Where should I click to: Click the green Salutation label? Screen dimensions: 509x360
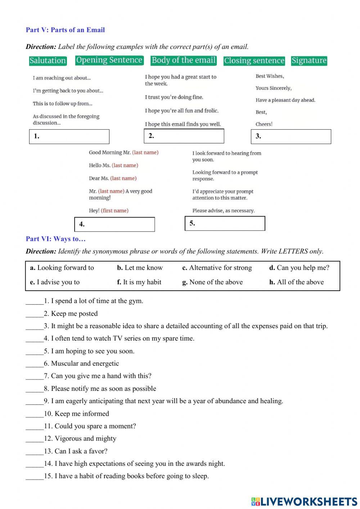[48, 61]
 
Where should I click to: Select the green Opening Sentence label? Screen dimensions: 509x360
[109, 60]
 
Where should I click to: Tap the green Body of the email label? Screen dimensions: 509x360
[184, 60]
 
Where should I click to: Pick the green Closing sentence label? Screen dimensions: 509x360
[254, 61]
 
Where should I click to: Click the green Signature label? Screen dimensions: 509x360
[309, 61]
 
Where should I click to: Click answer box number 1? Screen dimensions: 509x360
[69, 137]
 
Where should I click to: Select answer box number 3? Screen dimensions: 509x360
[291, 137]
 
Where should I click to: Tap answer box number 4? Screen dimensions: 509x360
[114, 224]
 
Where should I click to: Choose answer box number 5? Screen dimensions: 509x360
[225, 223]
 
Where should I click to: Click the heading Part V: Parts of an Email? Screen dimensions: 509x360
[65, 30]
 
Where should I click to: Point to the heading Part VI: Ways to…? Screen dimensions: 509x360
[55, 239]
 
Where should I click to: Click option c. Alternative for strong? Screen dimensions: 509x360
[217, 268]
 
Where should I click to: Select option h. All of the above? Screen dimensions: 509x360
[296, 282]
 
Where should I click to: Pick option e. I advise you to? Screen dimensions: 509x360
[55, 282]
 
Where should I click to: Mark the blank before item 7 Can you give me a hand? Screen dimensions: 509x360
[34, 376]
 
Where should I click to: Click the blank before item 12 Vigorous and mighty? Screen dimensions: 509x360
[34, 439]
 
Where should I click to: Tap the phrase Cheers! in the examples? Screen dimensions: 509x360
[264, 124]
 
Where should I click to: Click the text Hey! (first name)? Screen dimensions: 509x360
[109, 211]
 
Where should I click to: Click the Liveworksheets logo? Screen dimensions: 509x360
[304, 501]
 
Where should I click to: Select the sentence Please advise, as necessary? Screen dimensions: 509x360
[223, 211]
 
